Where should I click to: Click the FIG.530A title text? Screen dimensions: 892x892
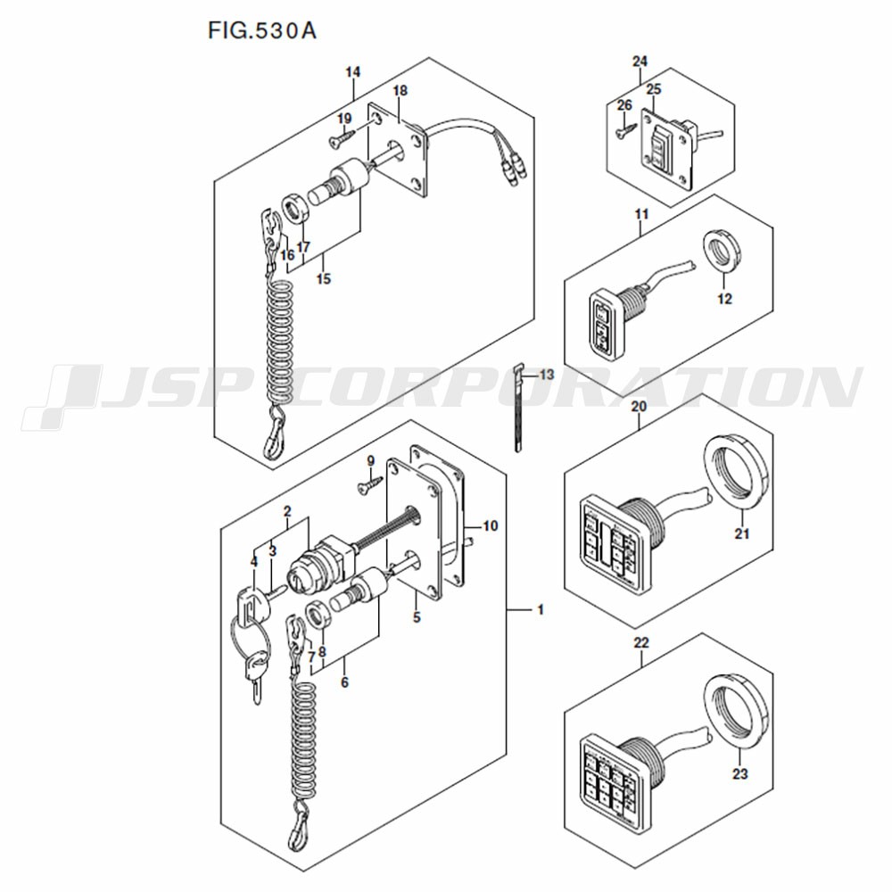tap(261, 30)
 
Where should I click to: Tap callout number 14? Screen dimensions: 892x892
tap(352, 72)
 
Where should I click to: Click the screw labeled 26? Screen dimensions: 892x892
tap(624, 129)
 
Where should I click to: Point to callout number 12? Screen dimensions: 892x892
tap(724, 299)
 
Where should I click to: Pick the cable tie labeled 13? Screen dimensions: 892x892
tap(517, 408)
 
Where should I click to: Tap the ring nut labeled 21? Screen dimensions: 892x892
tap(737, 472)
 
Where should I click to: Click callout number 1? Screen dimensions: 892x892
tap(541, 610)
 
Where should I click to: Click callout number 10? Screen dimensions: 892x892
tap(491, 525)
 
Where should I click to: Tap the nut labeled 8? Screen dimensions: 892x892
tap(317, 615)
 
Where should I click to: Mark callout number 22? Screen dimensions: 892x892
tap(641, 643)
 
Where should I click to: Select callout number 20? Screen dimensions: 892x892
tap(639, 407)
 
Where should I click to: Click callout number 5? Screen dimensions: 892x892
tap(417, 616)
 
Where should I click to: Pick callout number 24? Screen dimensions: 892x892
tap(640, 61)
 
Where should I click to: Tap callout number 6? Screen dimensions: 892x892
tap(344, 681)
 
